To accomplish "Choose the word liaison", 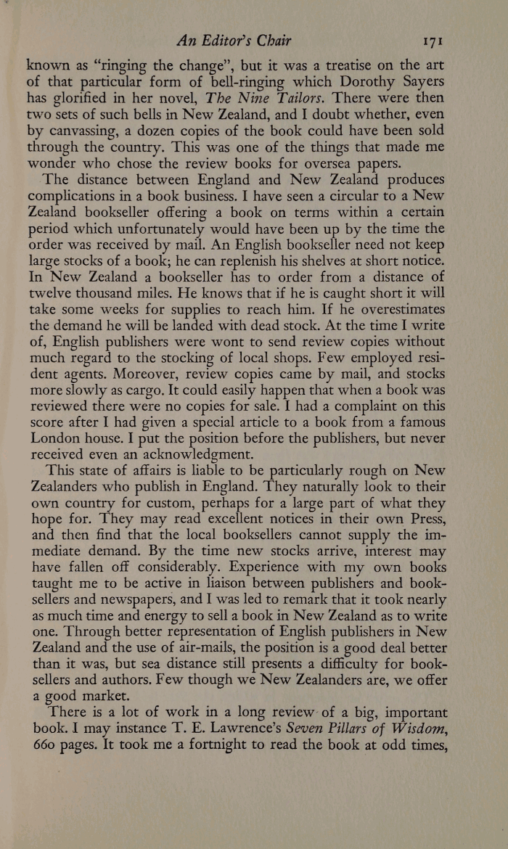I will [221, 604].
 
